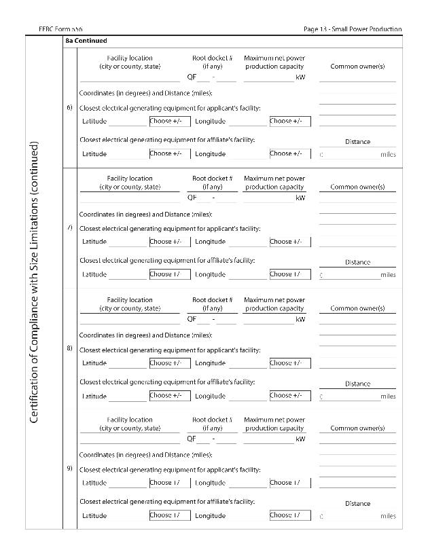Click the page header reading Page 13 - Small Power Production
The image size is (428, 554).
click(353, 29)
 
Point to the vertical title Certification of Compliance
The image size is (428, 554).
click(34, 282)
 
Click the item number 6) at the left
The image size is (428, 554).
click(69, 107)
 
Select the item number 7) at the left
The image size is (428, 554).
click(69, 227)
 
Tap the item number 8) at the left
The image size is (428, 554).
click(69, 348)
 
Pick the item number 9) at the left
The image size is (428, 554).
click(69, 468)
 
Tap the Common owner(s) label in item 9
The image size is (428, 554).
click(357, 428)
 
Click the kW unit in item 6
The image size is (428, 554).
click(300, 77)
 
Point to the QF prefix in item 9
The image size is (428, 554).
click(192, 439)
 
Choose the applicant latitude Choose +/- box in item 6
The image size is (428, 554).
click(169, 122)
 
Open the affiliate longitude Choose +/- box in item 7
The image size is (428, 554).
click(289, 274)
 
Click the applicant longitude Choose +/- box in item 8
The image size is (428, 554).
click(289, 363)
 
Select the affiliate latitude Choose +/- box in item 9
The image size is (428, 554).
click(169, 515)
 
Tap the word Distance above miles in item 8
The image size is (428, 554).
click(357, 384)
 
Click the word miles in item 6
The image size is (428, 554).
click(388, 155)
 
